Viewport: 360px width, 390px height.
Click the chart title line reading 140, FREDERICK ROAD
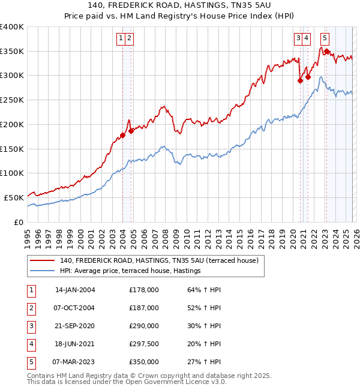[179, 5]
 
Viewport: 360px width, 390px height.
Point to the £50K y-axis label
[14, 197]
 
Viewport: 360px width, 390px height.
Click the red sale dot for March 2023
[326, 52]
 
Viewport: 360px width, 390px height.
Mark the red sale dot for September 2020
[300, 81]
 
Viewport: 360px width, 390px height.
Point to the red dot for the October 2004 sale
[131, 131]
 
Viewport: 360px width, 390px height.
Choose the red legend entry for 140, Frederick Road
[158, 260]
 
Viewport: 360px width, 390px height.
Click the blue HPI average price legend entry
[130, 271]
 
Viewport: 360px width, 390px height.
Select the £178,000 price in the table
[144, 290]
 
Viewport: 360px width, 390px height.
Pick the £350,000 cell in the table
[144, 362]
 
